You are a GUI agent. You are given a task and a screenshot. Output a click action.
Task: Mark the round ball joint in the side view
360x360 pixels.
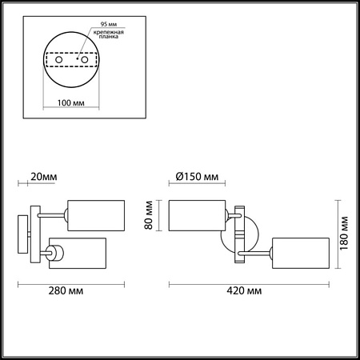58,254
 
